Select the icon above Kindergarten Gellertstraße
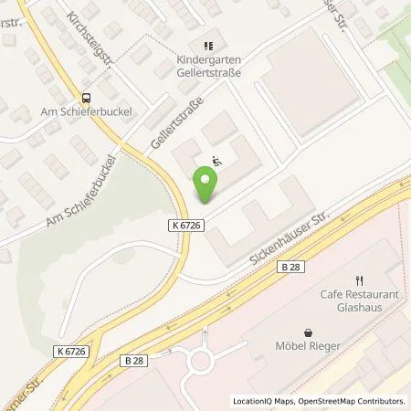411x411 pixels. point(208,44)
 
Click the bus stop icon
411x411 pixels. point(87,99)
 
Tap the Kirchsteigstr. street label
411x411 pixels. point(90,39)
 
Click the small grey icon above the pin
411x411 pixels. point(216,161)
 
